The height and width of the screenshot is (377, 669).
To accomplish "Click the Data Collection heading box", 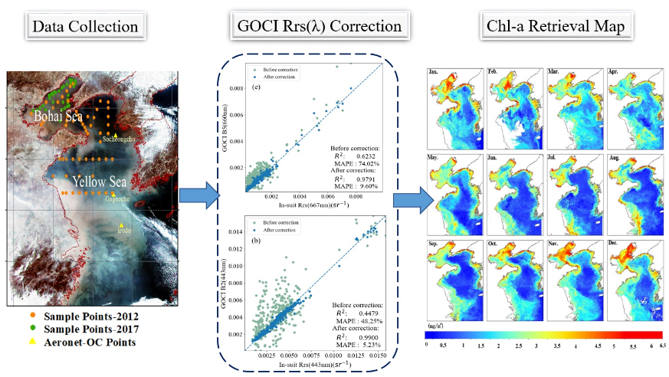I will tap(85, 27).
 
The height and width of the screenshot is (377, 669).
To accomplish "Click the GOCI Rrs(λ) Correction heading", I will tap(316, 27).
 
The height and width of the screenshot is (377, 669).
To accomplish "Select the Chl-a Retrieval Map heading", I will tap(546, 27).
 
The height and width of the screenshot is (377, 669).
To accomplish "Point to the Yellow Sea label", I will tap(100, 182).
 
